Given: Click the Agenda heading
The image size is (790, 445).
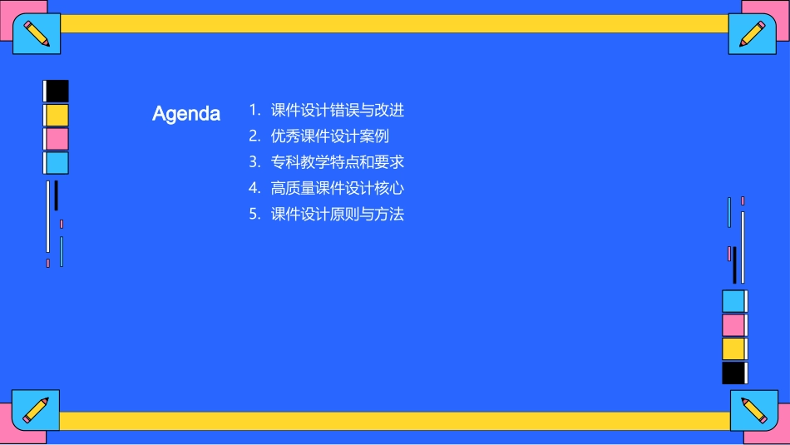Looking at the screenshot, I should pos(186,114).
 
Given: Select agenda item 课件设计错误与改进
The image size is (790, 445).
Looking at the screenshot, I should pos(337,110).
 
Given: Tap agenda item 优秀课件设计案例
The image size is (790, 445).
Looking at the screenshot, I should pos(329,136).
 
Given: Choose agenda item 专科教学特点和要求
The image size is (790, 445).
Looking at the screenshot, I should pos(337,162).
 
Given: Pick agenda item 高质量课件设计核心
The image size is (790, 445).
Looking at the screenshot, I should pos(337,188).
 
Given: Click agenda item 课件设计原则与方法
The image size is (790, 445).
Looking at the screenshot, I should pos(337,214).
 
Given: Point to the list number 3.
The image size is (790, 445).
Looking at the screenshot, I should pos(254,162).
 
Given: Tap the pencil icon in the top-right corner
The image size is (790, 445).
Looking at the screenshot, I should pos(753,34).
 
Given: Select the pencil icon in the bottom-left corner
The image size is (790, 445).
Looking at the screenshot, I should pos(36,409).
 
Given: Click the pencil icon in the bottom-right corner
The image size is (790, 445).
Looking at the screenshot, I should pos(753,410).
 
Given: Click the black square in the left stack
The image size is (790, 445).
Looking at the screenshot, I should pos(57,91).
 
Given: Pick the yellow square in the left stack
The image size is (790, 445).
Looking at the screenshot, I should pos(57,115).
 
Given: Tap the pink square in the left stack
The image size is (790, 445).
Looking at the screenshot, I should pos(57,139).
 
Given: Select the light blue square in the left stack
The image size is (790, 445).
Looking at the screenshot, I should pos(57,163).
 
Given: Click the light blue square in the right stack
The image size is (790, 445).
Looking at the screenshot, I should pos(733,301).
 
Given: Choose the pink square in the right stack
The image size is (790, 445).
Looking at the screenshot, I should pos(733,325).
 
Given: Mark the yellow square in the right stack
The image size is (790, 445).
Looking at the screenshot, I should pos(733,349).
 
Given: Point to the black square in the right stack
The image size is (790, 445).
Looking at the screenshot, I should pos(733,373).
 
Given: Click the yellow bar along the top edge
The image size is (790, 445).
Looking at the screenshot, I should pos(395,23).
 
